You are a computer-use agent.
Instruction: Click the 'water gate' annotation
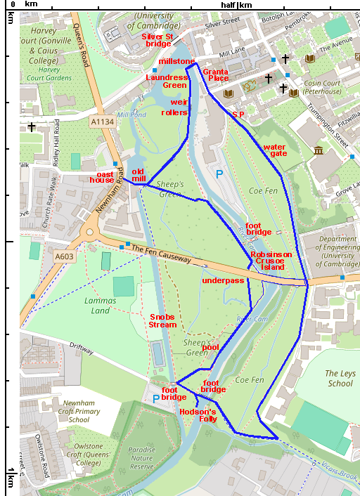click(274, 150)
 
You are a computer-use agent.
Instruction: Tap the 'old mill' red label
click(139, 176)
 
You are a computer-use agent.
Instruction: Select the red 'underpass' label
click(222, 280)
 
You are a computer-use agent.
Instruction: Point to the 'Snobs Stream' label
click(162, 321)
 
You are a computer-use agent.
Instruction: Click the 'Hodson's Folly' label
click(199, 415)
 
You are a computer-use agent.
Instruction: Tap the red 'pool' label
click(210, 347)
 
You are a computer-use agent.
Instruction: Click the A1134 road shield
click(101, 122)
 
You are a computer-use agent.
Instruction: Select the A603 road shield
click(65, 257)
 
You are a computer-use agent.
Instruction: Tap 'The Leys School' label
click(340, 379)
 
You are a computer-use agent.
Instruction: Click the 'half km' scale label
click(236, 5)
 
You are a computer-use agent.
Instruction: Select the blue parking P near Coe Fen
click(219, 174)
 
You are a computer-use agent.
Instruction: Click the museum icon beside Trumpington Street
click(319, 150)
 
